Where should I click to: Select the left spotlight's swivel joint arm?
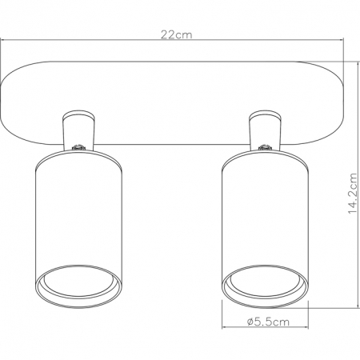[x=76, y=130]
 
